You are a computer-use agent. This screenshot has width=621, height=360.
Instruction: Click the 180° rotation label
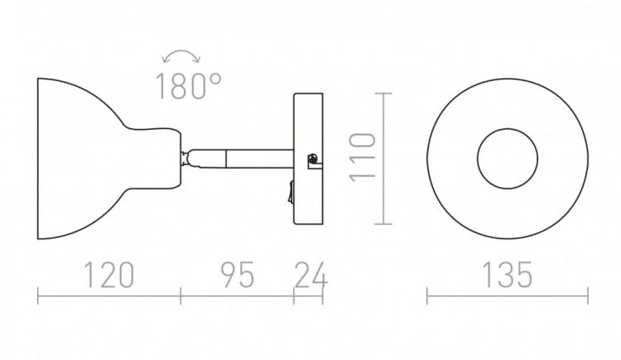coord(188,86)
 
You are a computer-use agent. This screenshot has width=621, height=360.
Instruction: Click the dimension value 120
coord(109,275)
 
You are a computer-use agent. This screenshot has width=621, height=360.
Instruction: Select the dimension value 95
coord(237,275)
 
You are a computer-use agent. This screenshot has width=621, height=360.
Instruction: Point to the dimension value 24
coord(310,275)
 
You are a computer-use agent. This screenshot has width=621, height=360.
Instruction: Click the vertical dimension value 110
coord(363,158)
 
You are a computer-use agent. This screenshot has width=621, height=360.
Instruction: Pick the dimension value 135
coord(508,275)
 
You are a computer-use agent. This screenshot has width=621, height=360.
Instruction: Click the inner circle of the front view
coord(508,129)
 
